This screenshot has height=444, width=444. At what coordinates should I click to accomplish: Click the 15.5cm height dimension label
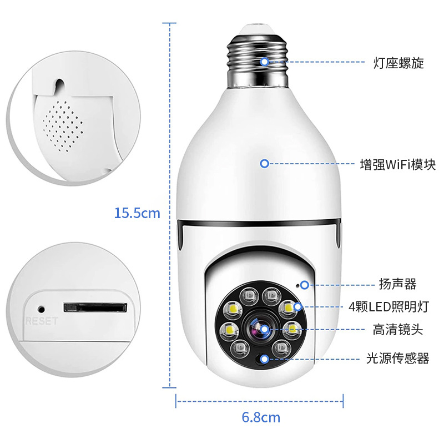coord(137,213)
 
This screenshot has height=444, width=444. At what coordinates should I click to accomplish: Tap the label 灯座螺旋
coord(398,63)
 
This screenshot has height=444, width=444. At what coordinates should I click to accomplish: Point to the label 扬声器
coord(398,285)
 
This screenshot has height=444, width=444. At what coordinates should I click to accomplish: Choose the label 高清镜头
coord(398,330)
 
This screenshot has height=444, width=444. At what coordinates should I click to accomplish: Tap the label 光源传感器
coord(398,359)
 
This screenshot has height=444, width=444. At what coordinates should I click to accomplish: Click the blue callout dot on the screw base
coord(265,61)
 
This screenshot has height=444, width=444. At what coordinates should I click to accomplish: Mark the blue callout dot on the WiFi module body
coord(265,164)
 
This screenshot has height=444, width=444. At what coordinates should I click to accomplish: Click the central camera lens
coord(259,329)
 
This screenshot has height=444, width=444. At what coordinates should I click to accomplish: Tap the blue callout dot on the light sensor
coord(265,359)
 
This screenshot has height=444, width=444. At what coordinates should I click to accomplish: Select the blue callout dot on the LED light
coord(299,307)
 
